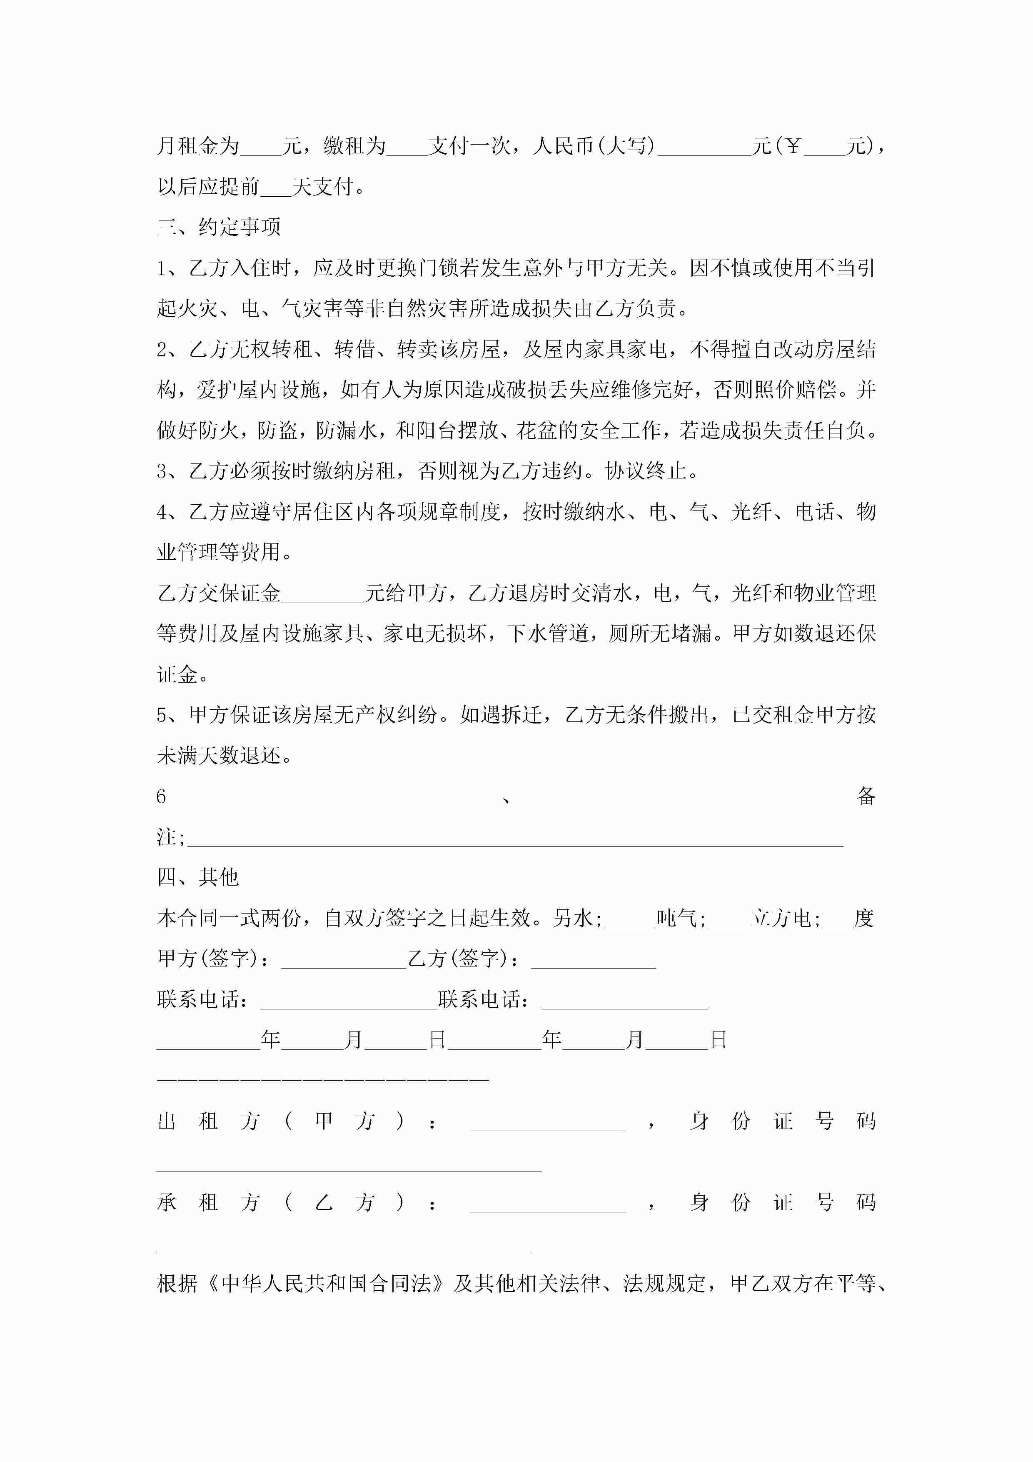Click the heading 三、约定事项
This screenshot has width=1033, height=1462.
pos(218,227)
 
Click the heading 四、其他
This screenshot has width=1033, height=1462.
pos(197,877)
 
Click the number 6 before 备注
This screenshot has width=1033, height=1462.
pos(161,796)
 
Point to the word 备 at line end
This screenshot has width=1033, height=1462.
pos(866,796)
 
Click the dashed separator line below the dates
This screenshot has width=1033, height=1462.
pos(323,1079)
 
